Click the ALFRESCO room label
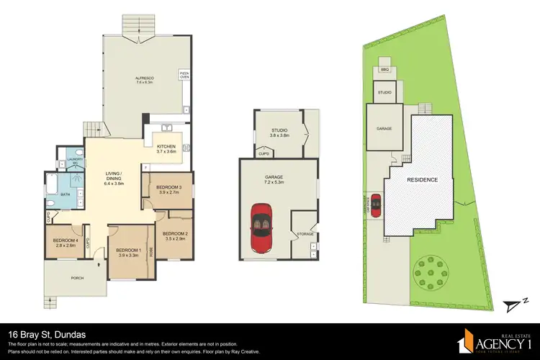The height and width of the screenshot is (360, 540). [147, 79]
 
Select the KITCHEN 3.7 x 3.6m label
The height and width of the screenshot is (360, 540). [166, 149]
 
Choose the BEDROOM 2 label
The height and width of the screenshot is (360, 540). [175, 235]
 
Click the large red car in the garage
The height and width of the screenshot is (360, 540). [260, 229]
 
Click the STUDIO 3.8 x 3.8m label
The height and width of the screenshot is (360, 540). [279, 132]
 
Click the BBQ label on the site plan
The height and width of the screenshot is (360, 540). [384, 70]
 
